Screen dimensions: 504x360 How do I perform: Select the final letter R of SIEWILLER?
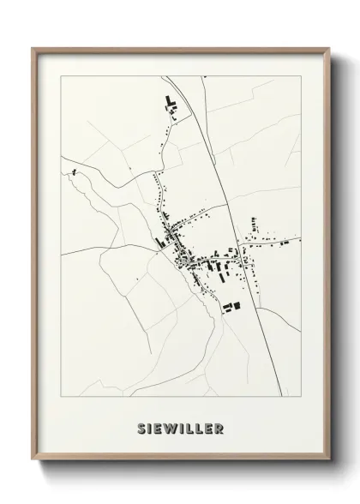pyautogui.click(x=219, y=429)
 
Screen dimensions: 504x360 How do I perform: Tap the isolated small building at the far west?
pyautogui.click(x=74, y=173)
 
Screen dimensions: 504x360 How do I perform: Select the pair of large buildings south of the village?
pyautogui.click(x=231, y=303)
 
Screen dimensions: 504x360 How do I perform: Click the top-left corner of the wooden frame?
pyautogui.click(x=33, y=48)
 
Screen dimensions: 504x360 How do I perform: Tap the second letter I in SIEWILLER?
pyautogui.click(x=177, y=429)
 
